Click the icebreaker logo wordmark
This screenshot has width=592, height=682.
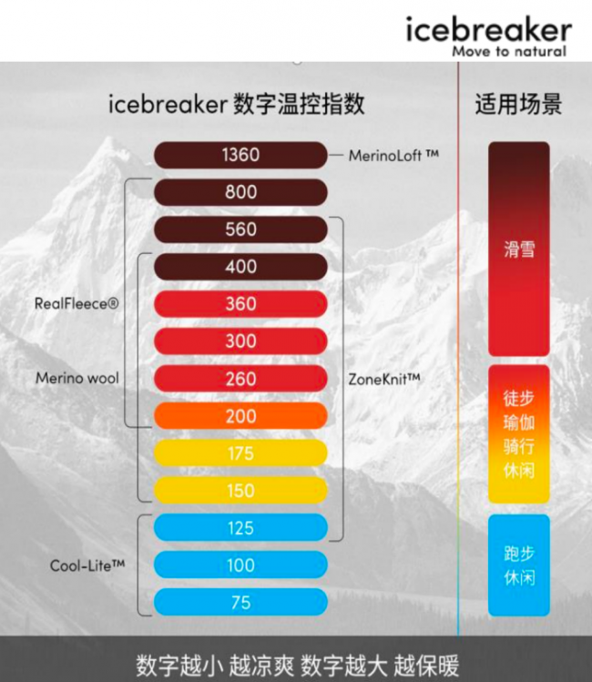[x=488, y=30]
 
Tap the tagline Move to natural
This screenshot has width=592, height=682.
[x=509, y=51]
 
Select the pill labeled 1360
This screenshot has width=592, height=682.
[x=240, y=155]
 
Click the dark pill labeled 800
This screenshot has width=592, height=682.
[x=240, y=192]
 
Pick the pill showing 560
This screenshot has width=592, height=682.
[x=240, y=229]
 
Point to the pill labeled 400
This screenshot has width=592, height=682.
[x=240, y=267]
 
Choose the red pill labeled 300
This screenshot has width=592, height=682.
[x=240, y=341]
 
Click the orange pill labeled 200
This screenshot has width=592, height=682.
[x=240, y=416]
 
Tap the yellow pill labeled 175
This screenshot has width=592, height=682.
[x=240, y=453]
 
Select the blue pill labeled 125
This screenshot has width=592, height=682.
[x=240, y=528]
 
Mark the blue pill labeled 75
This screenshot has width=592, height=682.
[x=240, y=603]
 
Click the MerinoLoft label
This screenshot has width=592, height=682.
[x=393, y=156]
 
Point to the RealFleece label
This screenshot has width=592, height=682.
[x=77, y=303]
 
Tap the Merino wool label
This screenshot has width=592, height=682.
[x=77, y=378]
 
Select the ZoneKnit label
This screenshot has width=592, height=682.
[x=384, y=380]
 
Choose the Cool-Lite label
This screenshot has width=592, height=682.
[x=87, y=565]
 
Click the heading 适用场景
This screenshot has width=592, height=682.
[x=518, y=105]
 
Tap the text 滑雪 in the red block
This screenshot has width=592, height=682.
[x=519, y=249]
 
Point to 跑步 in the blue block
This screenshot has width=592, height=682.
[x=519, y=554]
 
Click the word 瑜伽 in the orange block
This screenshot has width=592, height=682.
[x=519, y=422]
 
